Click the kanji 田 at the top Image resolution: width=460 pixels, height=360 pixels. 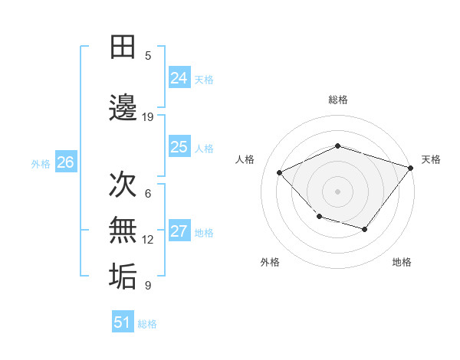pyautogui.click(x=123, y=47)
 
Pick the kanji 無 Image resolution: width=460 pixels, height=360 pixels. pyautogui.click(x=123, y=230)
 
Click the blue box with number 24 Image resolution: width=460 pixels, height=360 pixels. pyautogui.click(x=179, y=78)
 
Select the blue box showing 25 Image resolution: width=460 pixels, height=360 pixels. pyautogui.click(x=179, y=147)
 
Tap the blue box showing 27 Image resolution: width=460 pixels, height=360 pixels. pyautogui.click(x=179, y=232)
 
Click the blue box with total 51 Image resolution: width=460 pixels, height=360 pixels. pyautogui.click(x=123, y=322)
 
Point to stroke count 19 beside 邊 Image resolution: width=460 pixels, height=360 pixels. pyautogui.click(x=148, y=116)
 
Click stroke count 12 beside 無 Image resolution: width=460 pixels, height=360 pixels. pyautogui.click(x=148, y=240)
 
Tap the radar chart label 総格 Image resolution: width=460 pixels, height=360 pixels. pyautogui.click(x=337, y=100)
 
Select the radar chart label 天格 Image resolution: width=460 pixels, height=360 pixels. pyautogui.click(x=431, y=159)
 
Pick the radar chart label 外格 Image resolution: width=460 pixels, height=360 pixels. pyautogui.click(x=270, y=262)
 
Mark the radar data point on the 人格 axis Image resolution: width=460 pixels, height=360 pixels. pyautogui.click(x=280, y=173)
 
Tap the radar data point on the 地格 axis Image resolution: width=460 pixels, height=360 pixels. pyautogui.click(x=365, y=229)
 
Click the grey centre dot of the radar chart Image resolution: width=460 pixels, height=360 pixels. pyautogui.click(x=337, y=191)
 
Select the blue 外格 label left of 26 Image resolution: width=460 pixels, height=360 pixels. pyautogui.click(x=41, y=163)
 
